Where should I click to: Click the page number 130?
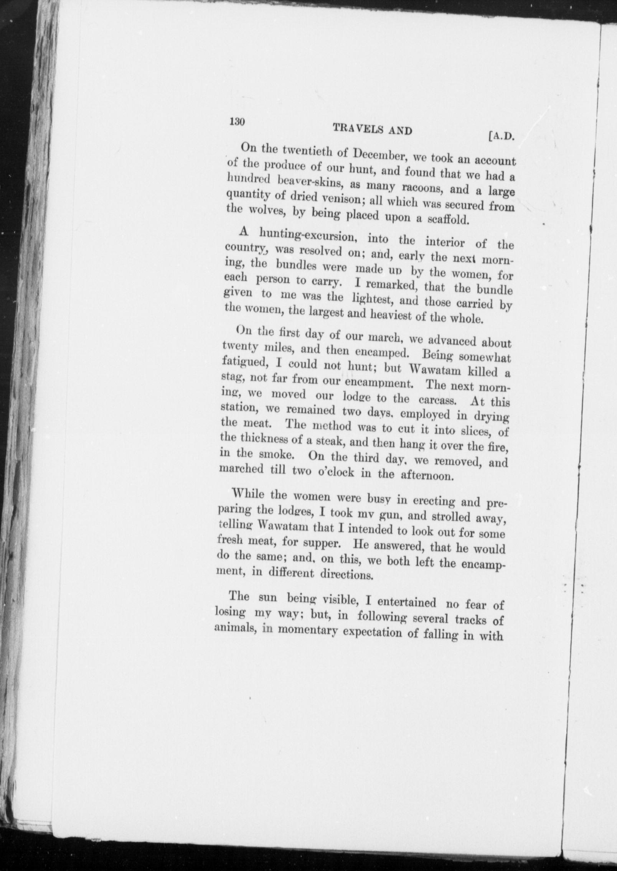[x=237, y=122]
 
